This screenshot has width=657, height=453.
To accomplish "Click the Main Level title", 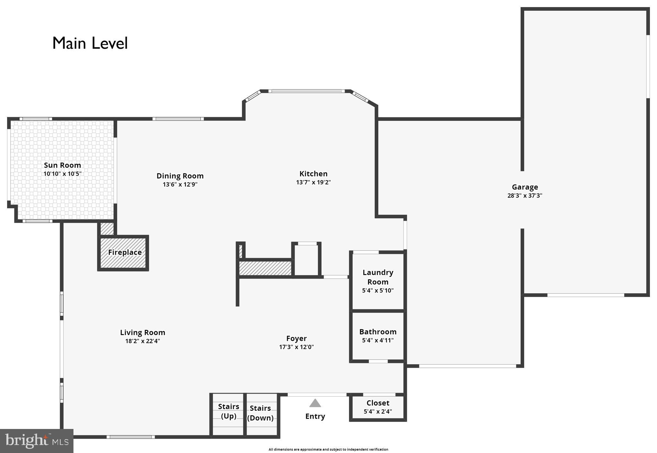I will tap(90, 43).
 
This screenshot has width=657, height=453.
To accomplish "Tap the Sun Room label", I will tap(62, 165).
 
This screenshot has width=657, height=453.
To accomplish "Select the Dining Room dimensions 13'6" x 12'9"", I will tap(180, 184).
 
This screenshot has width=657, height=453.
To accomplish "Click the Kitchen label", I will tap(313, 174).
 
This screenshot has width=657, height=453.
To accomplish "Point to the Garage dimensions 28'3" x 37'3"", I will tap(525, 196).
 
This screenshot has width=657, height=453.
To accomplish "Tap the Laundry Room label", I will tap(378, 277).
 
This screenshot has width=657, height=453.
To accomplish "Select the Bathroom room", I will tap(378, 336).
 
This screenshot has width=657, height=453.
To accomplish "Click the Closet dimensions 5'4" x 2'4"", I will tap(378, 411).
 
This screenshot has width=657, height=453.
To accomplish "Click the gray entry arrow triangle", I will tap(315, 403).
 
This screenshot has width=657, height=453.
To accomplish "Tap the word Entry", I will tap(315, 416).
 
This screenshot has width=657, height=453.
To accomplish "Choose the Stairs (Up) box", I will tap(228, 415).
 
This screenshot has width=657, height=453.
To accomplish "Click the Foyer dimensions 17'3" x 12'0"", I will tap(296, 347).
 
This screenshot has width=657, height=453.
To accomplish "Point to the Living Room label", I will tap(142, 332).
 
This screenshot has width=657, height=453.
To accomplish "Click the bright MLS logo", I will tap(37, 441).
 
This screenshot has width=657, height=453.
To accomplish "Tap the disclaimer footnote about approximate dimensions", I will tap(328, 449).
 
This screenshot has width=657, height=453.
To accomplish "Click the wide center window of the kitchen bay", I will tap(306, 91).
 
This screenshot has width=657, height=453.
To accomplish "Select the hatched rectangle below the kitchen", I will tap(265, 268).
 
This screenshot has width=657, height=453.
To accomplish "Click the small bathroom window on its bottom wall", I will tap(378, 361).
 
